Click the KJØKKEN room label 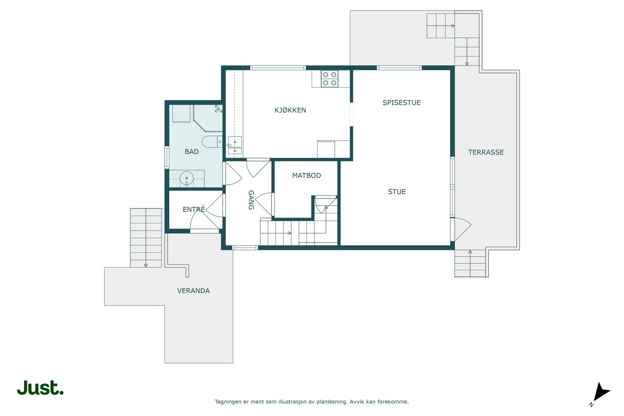[x=290, y=110]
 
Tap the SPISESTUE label [x=401, y=103]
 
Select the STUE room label [x=397, y=192]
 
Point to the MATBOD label [x=307, y=175]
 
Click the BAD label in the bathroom [x=191, y=152]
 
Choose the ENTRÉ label [x=193, y=209]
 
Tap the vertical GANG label [x=251, y=200]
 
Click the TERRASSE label [x=486, y=152]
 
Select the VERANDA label [x=193, y=291]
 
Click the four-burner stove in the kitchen [x=330, y=79]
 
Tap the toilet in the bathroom [x=212, y=142]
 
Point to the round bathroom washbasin [x=187, y=179]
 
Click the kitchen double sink [x=235, y=145]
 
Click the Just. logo [x=41, y=388]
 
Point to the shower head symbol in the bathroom [x=218, y=109]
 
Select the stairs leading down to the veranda [x=146, y=238]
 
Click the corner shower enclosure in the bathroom [x=208, y=118]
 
